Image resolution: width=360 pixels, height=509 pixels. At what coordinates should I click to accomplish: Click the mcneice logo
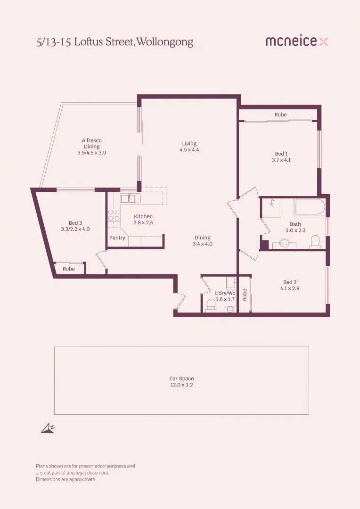click(296, 41)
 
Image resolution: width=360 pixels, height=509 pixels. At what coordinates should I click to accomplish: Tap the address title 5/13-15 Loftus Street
click(115, 42)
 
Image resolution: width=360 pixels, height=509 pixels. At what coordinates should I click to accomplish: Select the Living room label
click(189, 144)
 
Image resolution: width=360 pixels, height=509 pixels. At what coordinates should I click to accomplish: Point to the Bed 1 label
click(281, 154)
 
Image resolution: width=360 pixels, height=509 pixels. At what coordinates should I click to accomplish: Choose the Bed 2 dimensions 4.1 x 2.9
click(290, 288)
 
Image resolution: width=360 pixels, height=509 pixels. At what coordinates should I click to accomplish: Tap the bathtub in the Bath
click(310, 207)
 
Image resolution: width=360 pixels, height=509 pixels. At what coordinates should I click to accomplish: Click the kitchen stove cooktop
click(114, 215)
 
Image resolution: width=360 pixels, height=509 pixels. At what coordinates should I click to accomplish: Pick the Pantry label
click(117, 238)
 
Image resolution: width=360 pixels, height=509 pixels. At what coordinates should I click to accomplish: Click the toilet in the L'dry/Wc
click(211, 306)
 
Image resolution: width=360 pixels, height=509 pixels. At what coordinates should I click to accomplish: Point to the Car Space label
click(181, 378)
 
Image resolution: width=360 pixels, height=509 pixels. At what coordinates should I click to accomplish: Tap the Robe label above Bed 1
click(280, 115)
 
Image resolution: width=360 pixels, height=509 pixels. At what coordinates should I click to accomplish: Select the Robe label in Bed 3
click(69, 269)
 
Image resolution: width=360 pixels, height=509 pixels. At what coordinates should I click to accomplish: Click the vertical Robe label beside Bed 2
click(245, 295)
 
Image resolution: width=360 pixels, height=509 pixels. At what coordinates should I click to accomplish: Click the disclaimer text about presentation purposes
click(85, 472)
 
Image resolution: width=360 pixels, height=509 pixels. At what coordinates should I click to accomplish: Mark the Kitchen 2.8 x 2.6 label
click(143, 219)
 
